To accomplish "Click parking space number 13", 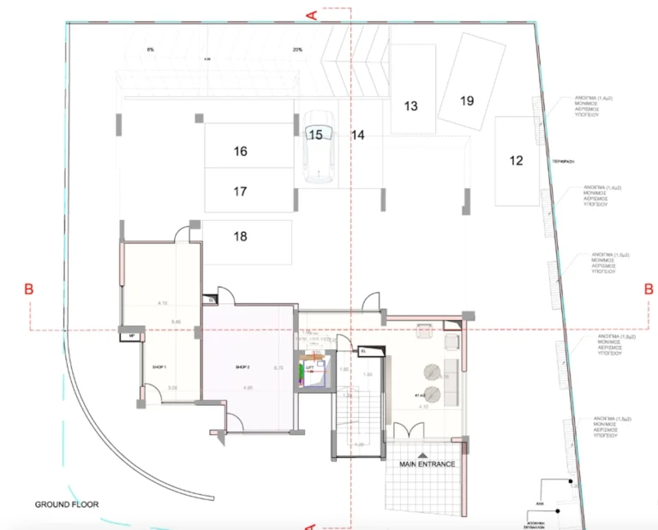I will (411, 106).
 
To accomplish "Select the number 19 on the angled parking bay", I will (467, 101).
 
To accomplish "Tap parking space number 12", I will (516, 160).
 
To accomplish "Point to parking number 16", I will (240, 152).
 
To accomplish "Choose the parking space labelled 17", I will (240, 192).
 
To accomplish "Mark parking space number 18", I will (240, 236).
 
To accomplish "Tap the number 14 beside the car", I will (358, 135).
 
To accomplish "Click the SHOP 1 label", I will (159, 366).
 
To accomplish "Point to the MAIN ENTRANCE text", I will (426, 464).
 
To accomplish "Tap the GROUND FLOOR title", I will (67, 505).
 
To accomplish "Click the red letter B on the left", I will (28, 291).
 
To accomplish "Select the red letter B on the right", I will (648, 290).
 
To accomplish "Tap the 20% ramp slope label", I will (297, 50).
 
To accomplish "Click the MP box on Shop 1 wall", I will (131, 336).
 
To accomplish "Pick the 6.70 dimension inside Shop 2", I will (278, 368).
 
